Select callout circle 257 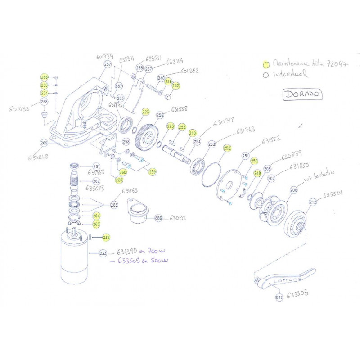coord(108,64)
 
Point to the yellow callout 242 coord(176,85)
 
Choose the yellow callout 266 coord(44,77)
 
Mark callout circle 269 coord(44,143)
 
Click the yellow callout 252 coord(227,148)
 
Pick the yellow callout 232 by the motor coord(106,237)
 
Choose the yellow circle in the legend coord(266,64)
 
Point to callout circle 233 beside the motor coord(103,254)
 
